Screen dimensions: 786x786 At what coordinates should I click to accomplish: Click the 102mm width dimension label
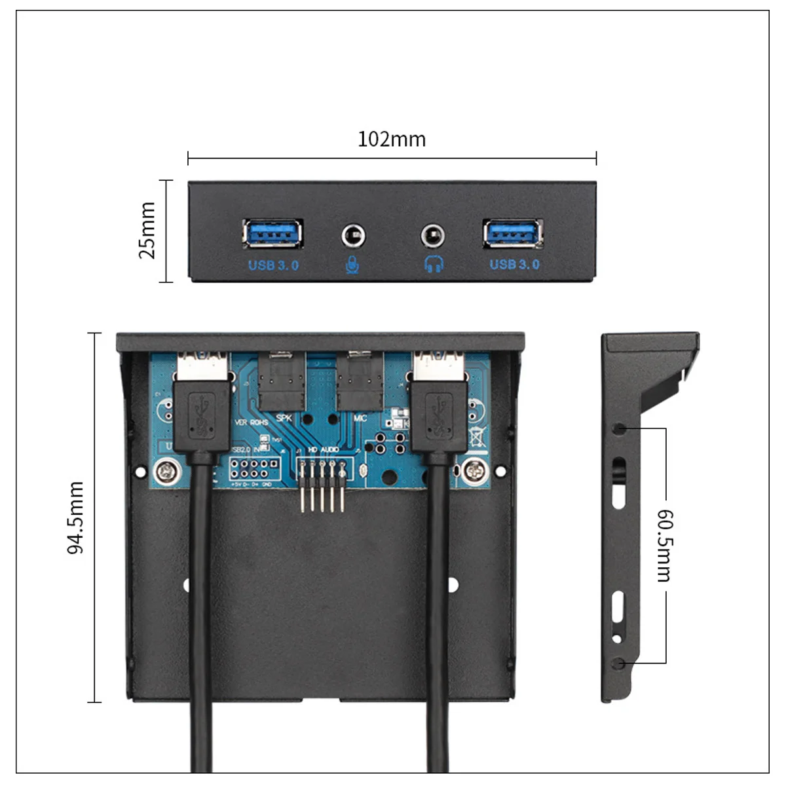tap(392, 139)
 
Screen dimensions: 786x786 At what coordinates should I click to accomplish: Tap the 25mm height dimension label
tap(148, 231)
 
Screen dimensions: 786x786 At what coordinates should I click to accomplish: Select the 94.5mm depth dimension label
tap(76, 517)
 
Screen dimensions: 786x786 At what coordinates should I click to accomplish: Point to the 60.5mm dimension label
tap(664, 545)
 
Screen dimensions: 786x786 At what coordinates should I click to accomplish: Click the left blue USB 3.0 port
tap(272, 233)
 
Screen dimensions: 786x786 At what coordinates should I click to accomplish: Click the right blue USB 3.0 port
tap(513, 233)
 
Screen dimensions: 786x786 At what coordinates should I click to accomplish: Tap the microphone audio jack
tap(353, 235)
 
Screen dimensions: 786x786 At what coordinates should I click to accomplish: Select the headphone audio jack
tap(432, 235)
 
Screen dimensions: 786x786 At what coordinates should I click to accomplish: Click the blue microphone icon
tap(352, 264)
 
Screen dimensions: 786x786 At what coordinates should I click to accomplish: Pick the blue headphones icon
tap(434, 264)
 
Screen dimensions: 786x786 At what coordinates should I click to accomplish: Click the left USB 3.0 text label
tap(273, 265)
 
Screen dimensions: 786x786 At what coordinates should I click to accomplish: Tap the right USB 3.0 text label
tap(515, 264)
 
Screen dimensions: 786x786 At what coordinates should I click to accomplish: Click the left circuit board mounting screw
tap(163, 470)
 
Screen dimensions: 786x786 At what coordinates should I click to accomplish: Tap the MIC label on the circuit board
tap(360, 418)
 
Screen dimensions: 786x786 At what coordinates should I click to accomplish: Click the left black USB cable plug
tap(202, 419)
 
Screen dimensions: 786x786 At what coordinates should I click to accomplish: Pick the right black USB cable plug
tap(439, 419)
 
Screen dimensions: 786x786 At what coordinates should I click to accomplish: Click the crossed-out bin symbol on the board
tap(478, 436)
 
